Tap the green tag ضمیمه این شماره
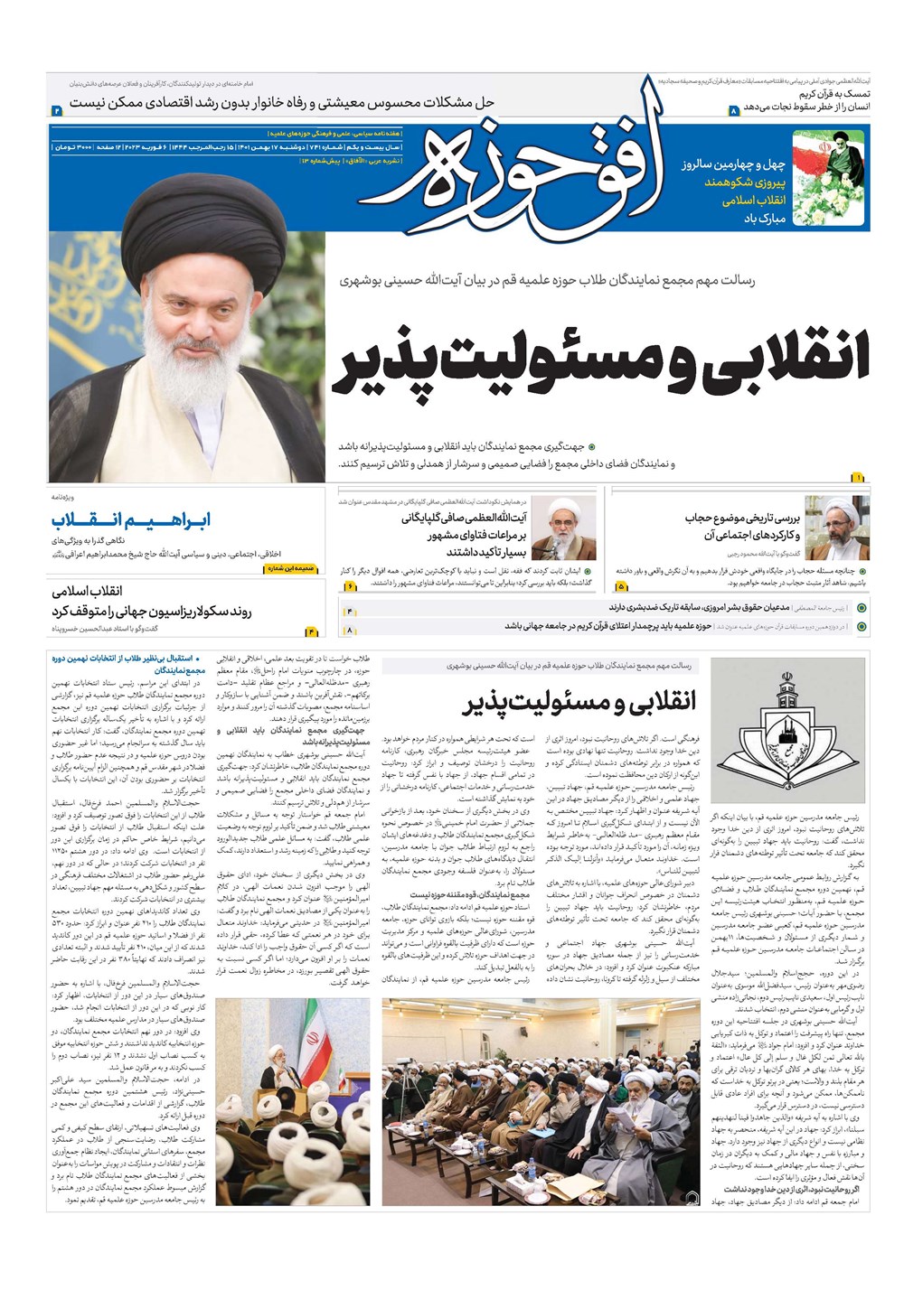292,569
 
